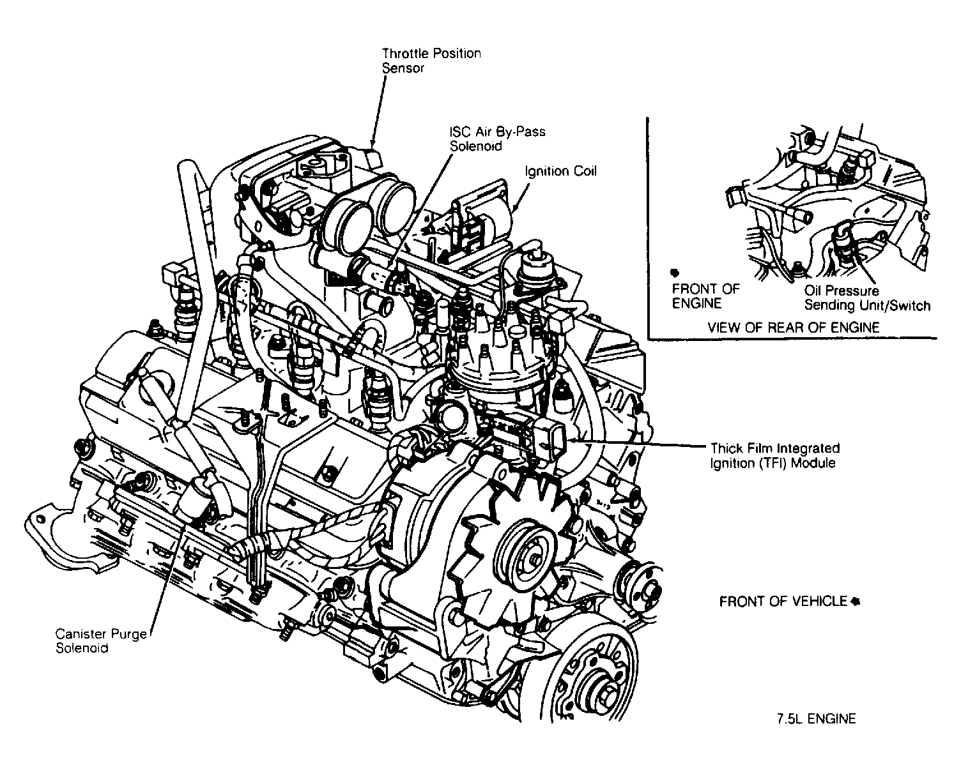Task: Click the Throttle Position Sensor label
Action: click(431, 61)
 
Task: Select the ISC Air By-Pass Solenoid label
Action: click(497, 139)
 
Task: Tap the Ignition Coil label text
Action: click(560, 172)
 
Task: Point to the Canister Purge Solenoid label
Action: click(101, 640)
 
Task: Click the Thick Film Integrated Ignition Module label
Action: click(774, 455)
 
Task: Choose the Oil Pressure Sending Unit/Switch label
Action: click(866, 298)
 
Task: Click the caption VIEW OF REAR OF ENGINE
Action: click(793, 328)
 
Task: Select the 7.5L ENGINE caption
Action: click(816, 719)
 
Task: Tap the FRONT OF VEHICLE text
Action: click(783, 602)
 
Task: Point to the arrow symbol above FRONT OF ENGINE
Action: click(676, 272)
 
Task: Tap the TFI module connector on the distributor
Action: click(551, 439)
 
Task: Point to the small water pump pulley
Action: click(642, 589)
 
